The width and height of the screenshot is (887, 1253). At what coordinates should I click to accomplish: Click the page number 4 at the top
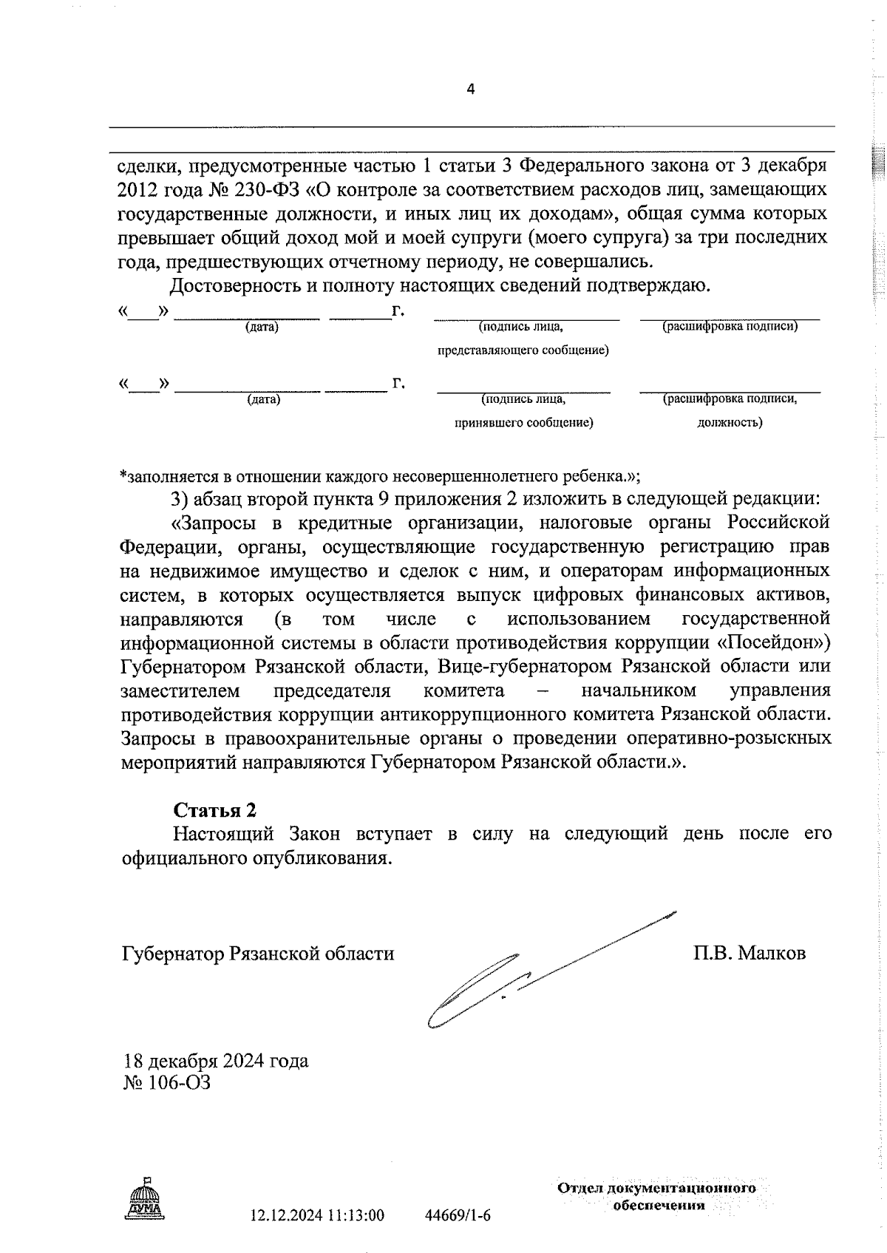pos(471,89)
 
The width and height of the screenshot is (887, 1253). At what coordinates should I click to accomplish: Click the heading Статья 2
pos(215,810)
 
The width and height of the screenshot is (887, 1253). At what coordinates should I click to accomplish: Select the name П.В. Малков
pos(749,954)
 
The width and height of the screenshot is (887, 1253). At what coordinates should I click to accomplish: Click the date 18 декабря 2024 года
pos(216,1062)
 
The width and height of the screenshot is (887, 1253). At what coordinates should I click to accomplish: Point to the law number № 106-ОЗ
pos(167,1084)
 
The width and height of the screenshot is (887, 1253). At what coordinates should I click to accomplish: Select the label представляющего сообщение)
pos(523,350)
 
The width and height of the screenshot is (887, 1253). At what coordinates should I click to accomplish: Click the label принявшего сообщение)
pos(523,423)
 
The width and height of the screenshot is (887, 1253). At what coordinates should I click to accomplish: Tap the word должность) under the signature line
pos(730,423)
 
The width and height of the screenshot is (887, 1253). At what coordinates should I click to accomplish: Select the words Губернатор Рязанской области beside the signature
pos(258,954)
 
